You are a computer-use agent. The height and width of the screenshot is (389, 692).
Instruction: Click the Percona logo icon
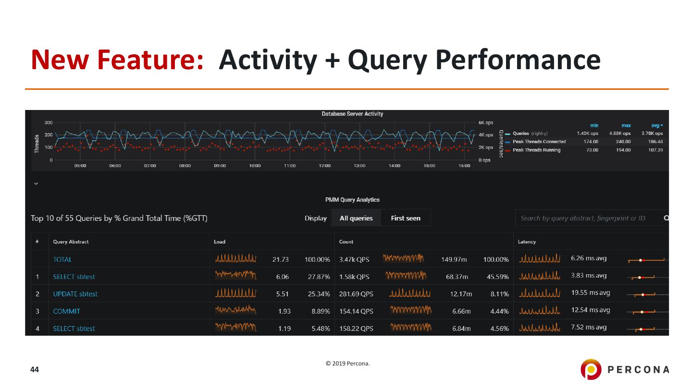click(591, 369)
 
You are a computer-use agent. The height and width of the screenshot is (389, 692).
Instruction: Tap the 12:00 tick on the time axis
click(324, 166)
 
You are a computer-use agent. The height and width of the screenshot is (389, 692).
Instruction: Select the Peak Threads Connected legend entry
click(539, 142)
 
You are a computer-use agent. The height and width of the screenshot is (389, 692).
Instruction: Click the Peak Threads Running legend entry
click(536, 150)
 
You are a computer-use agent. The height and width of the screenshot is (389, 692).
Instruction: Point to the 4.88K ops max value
click(620, 134)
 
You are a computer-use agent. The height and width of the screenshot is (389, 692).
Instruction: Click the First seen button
click(406, 218)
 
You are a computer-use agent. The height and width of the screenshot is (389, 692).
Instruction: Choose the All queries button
click(356, 218)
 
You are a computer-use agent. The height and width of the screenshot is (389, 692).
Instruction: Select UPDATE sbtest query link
click(75, 294)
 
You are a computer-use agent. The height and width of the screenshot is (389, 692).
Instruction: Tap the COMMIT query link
click(67, 311)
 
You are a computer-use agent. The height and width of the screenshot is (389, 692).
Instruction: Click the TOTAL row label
click(62, 259)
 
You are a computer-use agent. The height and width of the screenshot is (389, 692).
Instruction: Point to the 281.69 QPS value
click(356, 294)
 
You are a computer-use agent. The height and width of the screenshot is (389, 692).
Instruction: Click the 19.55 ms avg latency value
click(591, 293)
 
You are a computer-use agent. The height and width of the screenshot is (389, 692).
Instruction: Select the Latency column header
click(527, 242)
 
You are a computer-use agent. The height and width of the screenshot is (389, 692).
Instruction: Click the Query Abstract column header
click(71, 242)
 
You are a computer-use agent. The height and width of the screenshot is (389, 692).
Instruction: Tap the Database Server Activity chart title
click(352, 114)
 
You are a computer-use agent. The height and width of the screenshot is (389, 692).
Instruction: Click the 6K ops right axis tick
click(485, 123)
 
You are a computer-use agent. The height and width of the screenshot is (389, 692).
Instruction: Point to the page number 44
click(35, 369)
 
